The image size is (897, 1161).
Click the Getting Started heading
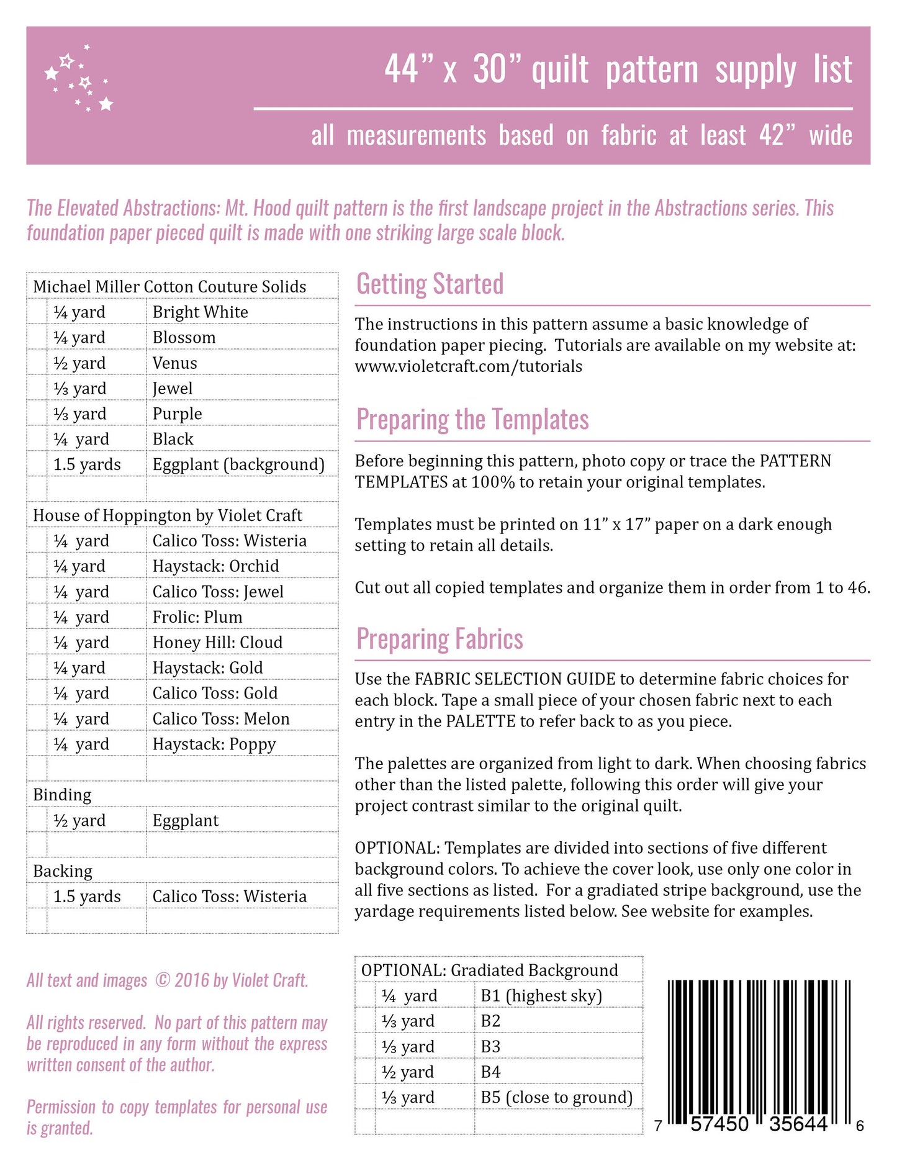coord(430,284)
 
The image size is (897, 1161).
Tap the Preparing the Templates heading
coord(472,420)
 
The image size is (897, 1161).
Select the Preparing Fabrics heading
coord(439,639)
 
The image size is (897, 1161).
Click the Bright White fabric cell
coord(200,312)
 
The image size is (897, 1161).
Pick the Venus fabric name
coord(174,363)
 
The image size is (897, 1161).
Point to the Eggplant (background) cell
coord(238,465)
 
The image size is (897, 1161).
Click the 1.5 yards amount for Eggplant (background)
coord(87,465)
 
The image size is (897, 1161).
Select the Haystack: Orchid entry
coord(215,566)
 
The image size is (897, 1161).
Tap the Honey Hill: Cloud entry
coord(217,643)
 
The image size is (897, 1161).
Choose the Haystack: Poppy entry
coord(214,744)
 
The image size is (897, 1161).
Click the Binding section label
coord(62,795)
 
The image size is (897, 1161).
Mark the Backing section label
coord(63,872)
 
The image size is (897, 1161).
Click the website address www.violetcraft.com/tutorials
coord(468,366)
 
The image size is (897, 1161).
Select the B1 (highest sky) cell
coord(541,996)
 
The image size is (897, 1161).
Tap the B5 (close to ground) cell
coord(556,1098)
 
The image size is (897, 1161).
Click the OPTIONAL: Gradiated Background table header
coord(489,970)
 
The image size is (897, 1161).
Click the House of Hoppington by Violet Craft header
coord(168,516)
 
